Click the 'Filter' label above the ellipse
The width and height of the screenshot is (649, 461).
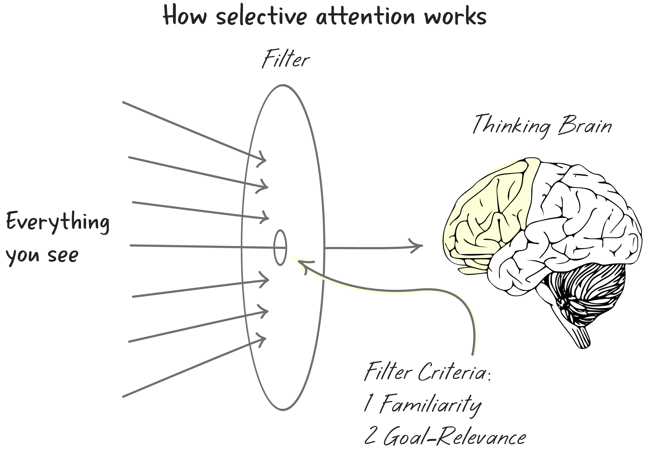pos(285,59)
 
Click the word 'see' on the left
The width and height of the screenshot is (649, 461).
pos(63,255)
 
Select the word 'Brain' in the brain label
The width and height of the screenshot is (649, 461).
pos(585,125)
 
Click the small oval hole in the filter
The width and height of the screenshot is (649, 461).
pos(280,248)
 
